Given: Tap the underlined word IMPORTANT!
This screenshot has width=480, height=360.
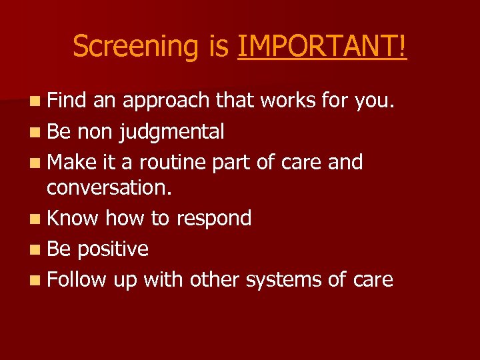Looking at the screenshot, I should tap(322, 47).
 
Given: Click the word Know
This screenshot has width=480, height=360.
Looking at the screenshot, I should tap(73, 218).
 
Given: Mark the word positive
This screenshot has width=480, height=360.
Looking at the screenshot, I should tap(113, 249).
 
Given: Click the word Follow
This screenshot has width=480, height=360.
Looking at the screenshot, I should tap(77, 279).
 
